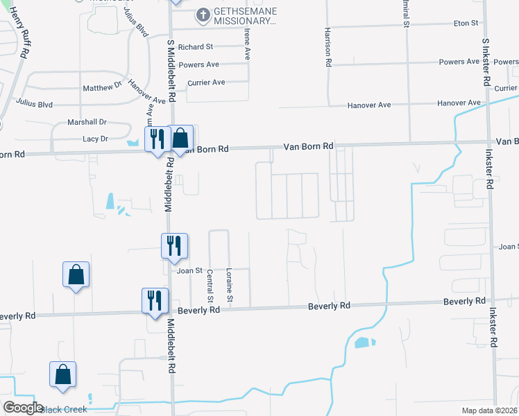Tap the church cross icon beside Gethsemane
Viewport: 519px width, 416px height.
pos(202,14)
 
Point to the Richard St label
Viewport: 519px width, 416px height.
pos(195,47)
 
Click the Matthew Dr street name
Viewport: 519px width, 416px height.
pos(102,88)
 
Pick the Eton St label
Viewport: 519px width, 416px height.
pos(466,23)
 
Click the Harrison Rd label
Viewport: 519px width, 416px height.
pos(327,48)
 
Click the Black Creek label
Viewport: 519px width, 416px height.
pos(63,410)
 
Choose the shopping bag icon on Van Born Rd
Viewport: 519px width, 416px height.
pos(180,138)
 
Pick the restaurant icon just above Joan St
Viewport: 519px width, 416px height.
pos(175,245)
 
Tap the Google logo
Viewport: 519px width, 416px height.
pos(23,408)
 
